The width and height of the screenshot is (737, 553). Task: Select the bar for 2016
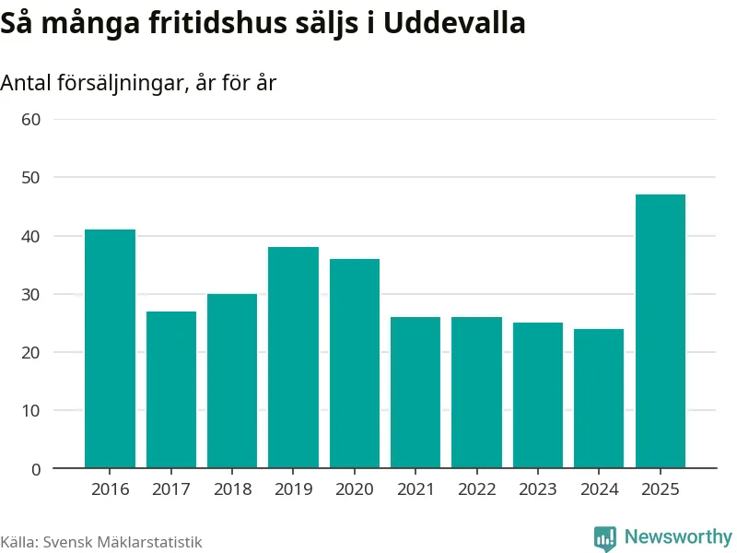tap(110, 348)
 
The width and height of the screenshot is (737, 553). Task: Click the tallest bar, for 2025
tap(661, 331)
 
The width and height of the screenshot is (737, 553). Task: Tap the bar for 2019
tap(293, 358)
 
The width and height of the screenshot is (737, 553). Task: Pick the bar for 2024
tap(599, 398)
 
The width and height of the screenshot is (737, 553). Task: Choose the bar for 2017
tap(171, 389)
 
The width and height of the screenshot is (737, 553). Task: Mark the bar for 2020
tap(355, 363)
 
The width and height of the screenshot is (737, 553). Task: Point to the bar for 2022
tap(476, 393)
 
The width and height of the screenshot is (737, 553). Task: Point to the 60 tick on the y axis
tap(31, 120)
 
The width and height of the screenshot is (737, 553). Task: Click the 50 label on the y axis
tap(31, 178)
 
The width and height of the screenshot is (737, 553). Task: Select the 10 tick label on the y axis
tap(31, 410)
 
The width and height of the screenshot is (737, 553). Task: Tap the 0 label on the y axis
tap(36, 469)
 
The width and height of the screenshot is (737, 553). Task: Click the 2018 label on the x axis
tap(232, 489)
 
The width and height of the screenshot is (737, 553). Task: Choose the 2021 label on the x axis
tap(415, 489)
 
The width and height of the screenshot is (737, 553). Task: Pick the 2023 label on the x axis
tap(538, 489)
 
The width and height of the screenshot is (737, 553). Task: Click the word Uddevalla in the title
tap(454, 22)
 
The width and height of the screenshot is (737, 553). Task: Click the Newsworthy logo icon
tap(605, 538)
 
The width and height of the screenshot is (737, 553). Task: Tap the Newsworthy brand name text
tap(678, 536)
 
